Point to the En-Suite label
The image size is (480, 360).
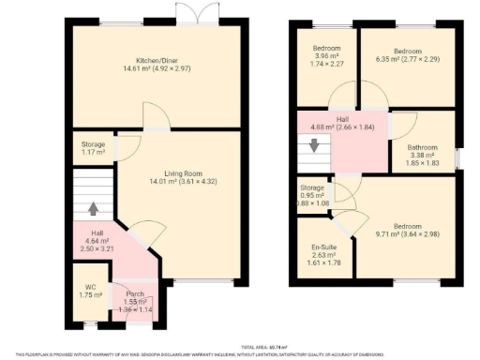(324, 247)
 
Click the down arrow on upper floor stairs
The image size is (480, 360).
(315, 147)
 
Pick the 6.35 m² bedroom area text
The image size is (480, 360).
(406, 59)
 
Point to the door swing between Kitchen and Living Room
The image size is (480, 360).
(155, 116)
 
